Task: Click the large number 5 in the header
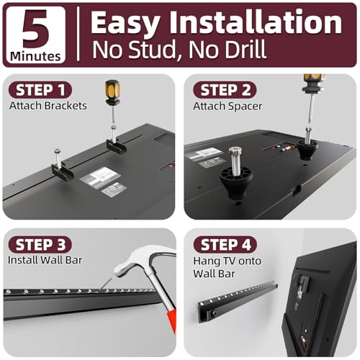click(x=36, y=29)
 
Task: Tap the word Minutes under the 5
click(x=35, y=57)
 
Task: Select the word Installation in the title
click(x=256, y=22)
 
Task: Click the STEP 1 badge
click(x=40, y=90)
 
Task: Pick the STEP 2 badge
click(x=225, y=90)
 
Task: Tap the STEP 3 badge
click(x=40, y=244)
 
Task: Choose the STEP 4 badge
click(x=225, y=245)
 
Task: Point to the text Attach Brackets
click(x=48, y=106)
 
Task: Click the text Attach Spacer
click(x=228, y=107)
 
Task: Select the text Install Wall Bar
click(x=45, y=260)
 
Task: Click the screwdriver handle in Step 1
click(x=113, y=92)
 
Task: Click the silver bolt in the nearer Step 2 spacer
click(x=235, y=158)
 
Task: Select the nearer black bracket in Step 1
click(x=63, y=171)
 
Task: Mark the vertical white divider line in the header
click(x=78, y=34)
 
